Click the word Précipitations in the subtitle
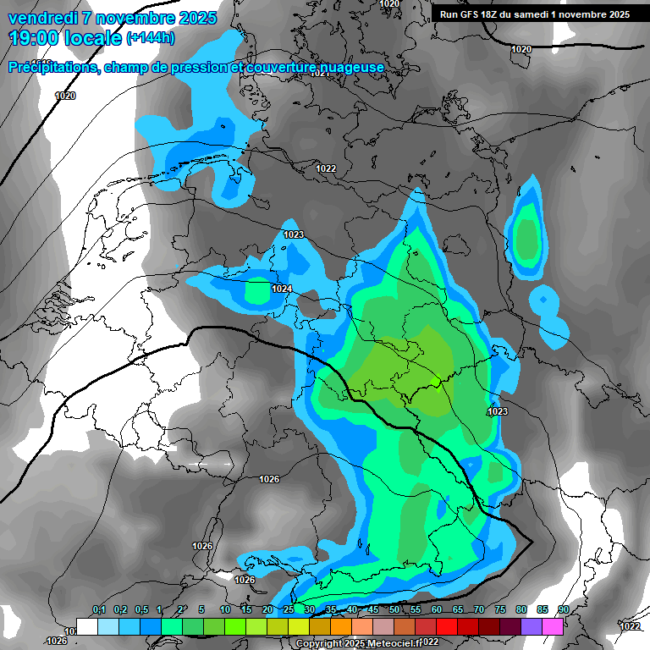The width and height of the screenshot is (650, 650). (x=51, y=68)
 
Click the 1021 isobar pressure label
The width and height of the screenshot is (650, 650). (x=320, y=74)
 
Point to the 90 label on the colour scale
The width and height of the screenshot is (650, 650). (x=563, y=609)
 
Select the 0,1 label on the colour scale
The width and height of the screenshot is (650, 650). (x=98, y=609)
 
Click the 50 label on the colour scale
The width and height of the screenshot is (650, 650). (x=394, y=609)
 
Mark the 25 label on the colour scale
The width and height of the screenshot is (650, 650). (x=289, y=609)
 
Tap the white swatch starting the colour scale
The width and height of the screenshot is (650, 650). (x=86, y=626)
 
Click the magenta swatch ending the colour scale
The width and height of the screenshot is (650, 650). (x=553, y=626)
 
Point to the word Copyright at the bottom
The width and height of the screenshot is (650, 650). (x=318, y=643)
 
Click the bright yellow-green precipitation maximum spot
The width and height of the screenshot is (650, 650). (x=434, y=382)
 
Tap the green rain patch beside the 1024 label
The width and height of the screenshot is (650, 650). (x=256, y=290)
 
